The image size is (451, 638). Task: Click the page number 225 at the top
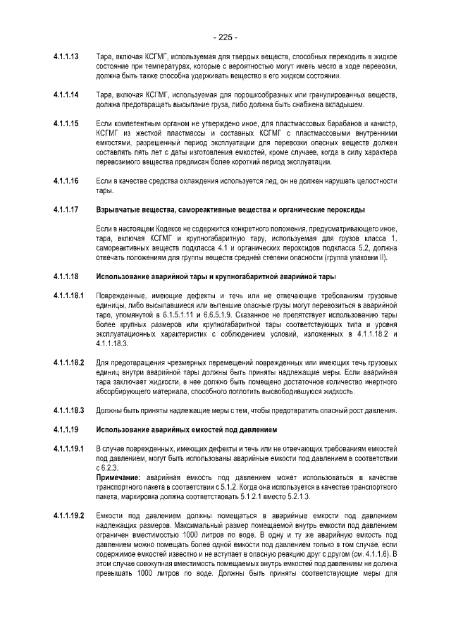[x=225, y=37]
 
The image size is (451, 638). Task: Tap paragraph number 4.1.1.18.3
[x=69, y=410]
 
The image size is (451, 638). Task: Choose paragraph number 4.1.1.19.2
[x=69, y=516]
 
